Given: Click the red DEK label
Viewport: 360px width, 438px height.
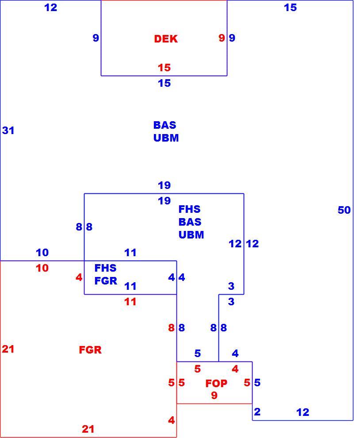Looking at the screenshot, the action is [165, 39].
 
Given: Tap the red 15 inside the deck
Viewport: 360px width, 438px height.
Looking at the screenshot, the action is [164, 68].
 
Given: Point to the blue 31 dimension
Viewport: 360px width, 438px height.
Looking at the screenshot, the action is [8, 131].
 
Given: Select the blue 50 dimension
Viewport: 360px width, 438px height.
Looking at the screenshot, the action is [344, 210].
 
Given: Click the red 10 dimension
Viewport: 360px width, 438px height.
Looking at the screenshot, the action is [42, 268].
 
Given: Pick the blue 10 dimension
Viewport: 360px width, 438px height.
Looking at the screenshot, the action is [42, 253].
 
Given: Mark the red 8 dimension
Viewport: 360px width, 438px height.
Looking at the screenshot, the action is [171, 328].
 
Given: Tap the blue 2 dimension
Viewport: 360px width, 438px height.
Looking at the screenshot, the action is [257, 411].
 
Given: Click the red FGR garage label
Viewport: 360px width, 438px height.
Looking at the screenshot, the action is [90, 350].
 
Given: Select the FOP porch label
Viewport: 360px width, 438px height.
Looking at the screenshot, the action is [216, 383].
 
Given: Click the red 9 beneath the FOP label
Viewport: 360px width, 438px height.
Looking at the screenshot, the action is [214, 395].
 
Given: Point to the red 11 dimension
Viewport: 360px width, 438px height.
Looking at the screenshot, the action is [130, 302].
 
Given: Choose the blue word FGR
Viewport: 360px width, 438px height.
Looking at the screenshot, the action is [106, 280].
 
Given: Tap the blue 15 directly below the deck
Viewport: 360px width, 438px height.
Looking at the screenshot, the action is [164, 83].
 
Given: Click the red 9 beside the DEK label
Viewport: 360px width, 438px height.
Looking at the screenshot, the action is [222, 38].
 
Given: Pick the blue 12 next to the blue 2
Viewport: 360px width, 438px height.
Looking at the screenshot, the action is [303, 412].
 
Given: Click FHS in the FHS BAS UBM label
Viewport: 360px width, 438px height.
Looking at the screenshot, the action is [190, 209].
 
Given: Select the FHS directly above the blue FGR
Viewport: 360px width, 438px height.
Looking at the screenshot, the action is [106, 268].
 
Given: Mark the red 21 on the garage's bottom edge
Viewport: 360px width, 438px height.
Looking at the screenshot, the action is [88, 429].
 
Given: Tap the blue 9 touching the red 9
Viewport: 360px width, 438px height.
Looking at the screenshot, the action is [232, 38].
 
